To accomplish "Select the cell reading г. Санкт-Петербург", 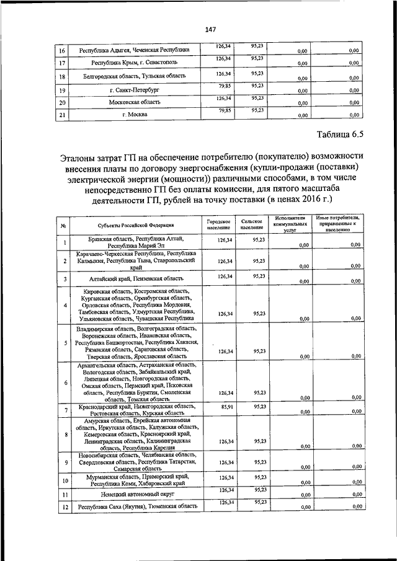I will coord(133,90).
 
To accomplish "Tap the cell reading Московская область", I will coord(133,102).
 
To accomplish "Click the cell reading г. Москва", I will coord(133,115).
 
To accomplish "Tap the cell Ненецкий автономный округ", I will coord(135,495).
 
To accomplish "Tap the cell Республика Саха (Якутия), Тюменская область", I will coord(135,507).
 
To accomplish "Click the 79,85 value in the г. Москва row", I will coord(224,110).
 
